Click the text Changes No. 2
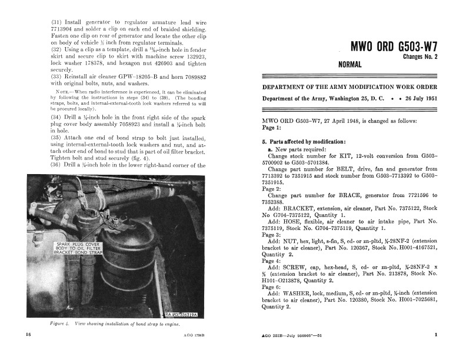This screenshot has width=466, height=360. tap(420, 57)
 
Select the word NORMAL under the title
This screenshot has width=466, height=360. tap(349, 65)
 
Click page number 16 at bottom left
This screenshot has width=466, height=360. tap(28, 335)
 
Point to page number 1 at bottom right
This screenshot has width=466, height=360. tap(436, 335)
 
